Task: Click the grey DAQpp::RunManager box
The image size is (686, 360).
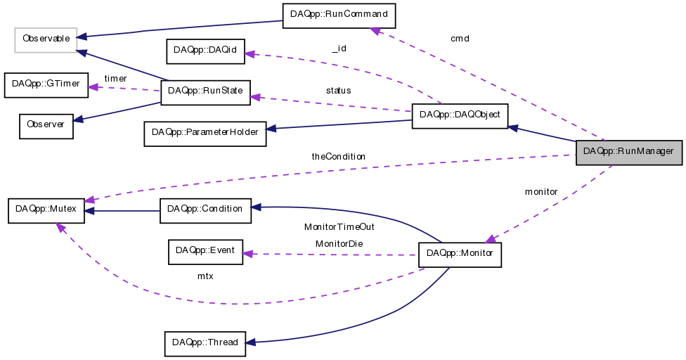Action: tap(628, 151)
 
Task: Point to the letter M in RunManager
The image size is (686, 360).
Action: tap(644, 151)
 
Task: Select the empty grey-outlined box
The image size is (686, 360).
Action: tap(46, 40)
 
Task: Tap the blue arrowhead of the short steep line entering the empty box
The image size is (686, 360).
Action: tap(82, 53)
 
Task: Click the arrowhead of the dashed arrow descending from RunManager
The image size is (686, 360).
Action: tap(490, 239)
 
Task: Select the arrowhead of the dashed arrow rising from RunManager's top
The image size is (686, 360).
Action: tap(375, 31)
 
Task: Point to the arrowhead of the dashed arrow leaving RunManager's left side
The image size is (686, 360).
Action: tap(89, 200)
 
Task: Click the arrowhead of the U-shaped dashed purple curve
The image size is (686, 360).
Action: tap(60, 227)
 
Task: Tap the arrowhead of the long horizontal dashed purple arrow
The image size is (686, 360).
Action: tap(247, 253)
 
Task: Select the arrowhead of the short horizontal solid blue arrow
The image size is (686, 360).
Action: tap(88, 211)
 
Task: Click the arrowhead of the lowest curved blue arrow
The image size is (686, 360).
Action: tap(249, 342)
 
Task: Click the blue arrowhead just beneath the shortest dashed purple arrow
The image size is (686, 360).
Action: tap(77, 120)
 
